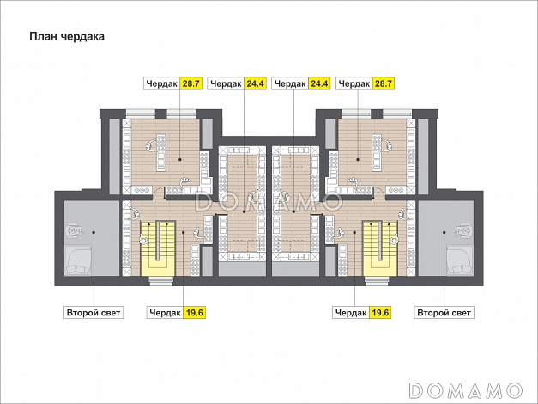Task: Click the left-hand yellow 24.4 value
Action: (x=255, y=83)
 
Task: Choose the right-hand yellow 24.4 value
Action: (x=318, y=83)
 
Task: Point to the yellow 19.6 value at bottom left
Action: (x=193, y=312)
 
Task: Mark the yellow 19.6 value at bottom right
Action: (x=380, y=312)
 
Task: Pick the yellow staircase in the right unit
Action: (x=378, y=248)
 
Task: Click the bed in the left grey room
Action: (x=79, y=258)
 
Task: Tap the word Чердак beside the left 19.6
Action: (x=164, y=312)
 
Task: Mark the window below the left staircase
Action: (x=160, y=280)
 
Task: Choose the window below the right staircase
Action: (x=378, y=280)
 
